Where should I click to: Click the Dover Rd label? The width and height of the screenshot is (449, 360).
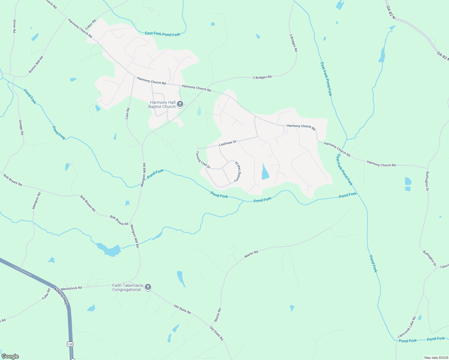[14, 26]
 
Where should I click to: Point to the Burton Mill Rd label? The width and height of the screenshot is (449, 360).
[36, 64]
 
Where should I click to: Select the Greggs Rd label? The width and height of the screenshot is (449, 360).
[21, 127]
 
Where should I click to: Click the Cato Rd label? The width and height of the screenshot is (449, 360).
[127, 114]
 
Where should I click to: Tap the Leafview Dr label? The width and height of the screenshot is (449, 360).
[228, 143]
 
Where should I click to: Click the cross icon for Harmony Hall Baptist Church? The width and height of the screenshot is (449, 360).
[180, 104]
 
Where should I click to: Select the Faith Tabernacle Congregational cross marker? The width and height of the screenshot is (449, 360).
[148, 287]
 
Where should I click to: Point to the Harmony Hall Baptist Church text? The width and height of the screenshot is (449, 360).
[162, 104]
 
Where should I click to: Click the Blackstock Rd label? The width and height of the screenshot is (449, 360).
[71, 288]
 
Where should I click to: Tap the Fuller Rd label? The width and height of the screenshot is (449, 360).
[46, 294]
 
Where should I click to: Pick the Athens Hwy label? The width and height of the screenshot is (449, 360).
[61, 296]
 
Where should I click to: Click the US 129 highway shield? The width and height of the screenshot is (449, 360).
[70, 344]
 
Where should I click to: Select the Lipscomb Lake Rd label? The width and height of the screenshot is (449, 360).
[407, 327]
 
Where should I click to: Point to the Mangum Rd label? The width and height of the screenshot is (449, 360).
[36, 200]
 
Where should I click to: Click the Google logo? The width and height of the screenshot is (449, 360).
[10, 356]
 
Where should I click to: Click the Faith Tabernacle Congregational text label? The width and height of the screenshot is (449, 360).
[128, 287]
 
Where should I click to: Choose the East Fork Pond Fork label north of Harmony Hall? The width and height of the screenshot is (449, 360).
[162, 34]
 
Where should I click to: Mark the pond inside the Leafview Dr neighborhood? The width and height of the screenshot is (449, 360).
[265, 172]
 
